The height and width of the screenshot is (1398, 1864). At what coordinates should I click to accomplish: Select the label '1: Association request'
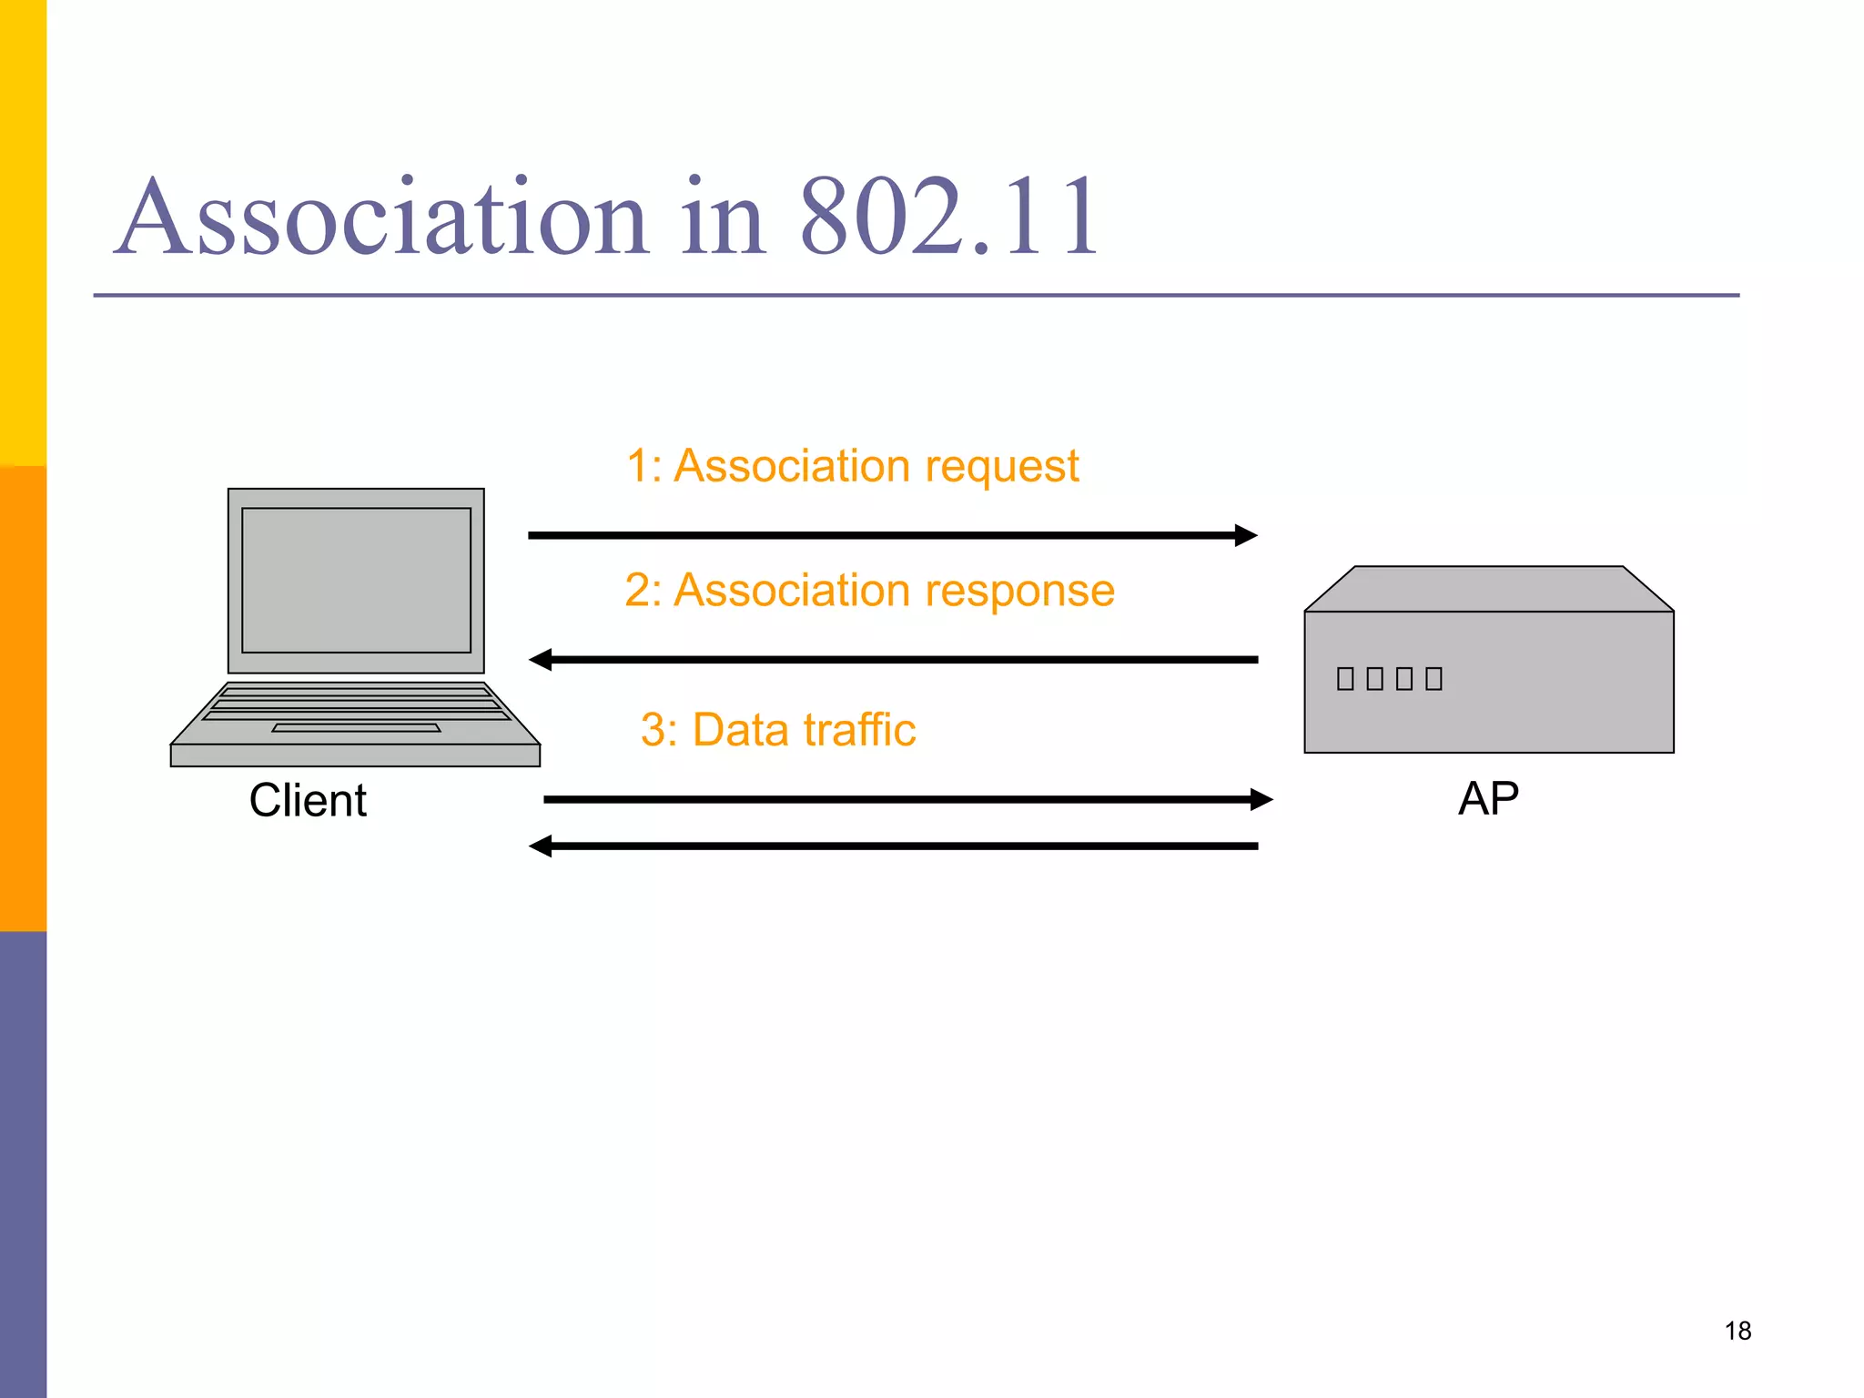[x=852, y=466]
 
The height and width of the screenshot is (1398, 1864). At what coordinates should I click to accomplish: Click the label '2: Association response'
[x=869, y=590]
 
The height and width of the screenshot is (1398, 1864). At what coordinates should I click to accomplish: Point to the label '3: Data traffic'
[x=777, y=730]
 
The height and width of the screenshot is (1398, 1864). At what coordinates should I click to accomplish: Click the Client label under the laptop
[x=308, y=801]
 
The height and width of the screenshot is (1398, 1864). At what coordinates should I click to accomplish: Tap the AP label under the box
[x=1488, y=799]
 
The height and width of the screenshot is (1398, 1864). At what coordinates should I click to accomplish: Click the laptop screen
[x=356, y=580]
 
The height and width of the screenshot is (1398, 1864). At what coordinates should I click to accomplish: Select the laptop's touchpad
[x=356, y=728]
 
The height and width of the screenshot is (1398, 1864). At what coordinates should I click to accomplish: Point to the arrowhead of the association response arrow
[x=542, y=660]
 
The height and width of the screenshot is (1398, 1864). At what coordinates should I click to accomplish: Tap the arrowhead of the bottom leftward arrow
[x=542, y=846]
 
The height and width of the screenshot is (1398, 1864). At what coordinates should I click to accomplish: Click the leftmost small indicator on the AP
[x=1345, y=678]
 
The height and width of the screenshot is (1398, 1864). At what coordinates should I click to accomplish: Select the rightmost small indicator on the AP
[x=1434, y=678]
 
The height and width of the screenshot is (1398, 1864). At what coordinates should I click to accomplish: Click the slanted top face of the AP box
[x=1488, y=589]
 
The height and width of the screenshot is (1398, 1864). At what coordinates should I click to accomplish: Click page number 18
[x=1737, y=1331]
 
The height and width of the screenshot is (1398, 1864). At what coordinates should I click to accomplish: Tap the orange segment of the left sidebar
[x=23, y=699]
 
